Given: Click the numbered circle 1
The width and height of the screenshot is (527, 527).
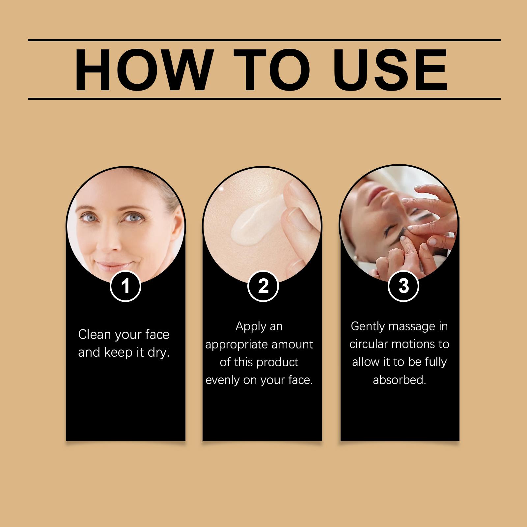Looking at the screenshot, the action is point(125,286).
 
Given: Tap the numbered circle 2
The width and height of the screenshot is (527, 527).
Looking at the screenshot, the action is point(263,286).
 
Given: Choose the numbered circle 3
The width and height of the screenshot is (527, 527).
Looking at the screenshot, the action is point(403,286).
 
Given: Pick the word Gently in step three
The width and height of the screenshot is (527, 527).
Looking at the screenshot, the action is point(368,327).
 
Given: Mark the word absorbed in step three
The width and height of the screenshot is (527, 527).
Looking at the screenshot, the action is point(400,380).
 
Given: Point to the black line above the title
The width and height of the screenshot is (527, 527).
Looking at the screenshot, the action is point(264,40).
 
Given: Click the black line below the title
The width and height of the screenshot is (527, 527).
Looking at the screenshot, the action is point(264,98).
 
